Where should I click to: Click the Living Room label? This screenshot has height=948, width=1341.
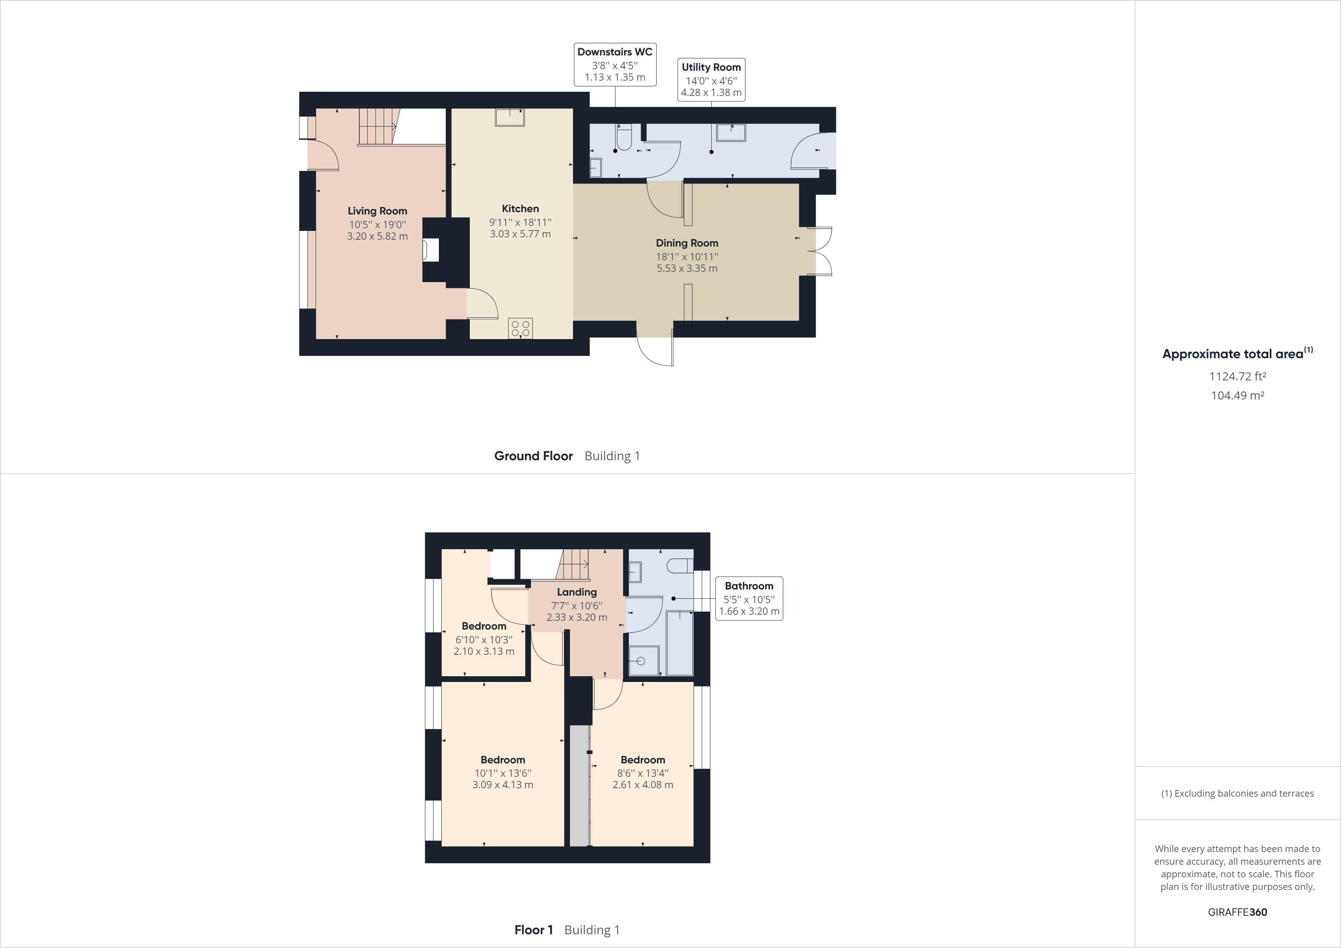pyautogui.click(x=377, y=211)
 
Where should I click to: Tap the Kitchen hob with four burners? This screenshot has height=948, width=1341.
pyautogui.click(x=520, y=328)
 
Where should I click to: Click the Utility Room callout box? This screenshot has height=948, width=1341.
pyautogui.click(x=711, y=80)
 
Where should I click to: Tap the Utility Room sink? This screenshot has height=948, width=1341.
pyautogui.click(x=731, y=133)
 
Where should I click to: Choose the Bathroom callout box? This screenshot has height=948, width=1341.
pyautogui.click(x=749, y=599)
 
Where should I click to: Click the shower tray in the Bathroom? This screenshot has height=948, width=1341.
pyautogui.click(x=643, y=661)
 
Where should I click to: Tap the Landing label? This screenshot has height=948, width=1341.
pyautogui.click(x=576, y=592)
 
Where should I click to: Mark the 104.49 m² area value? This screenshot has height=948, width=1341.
pyautogui.click(x=1237, y=395)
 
